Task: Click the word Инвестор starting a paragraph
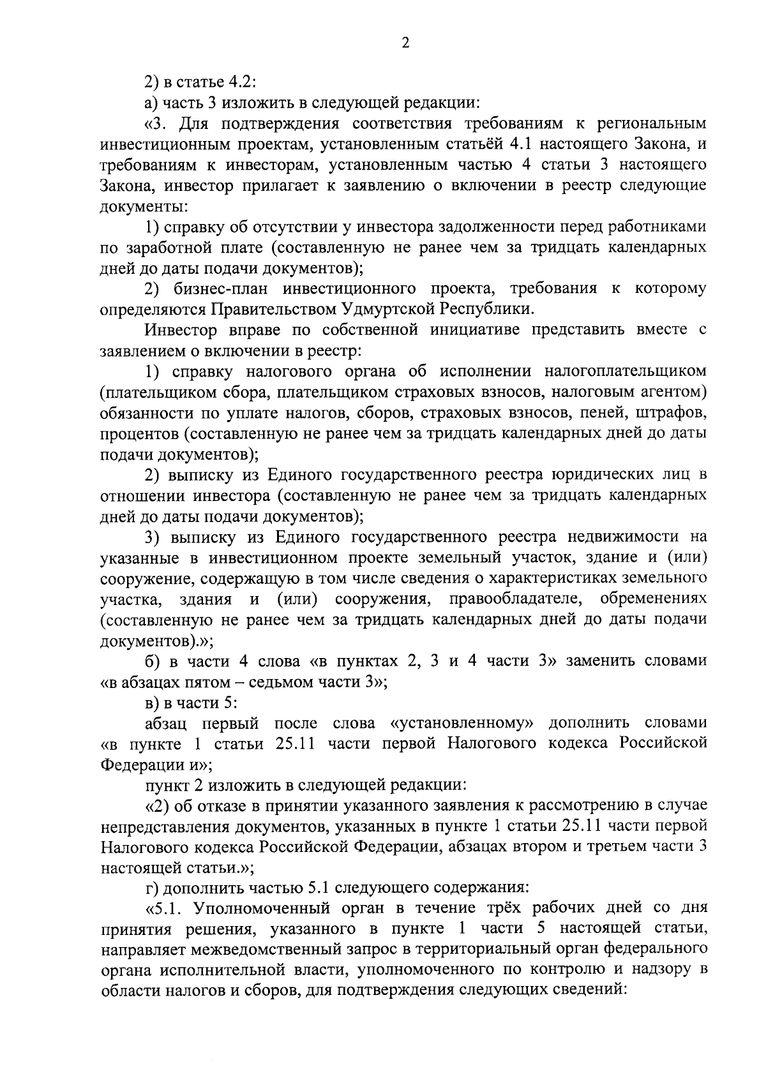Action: point(181,330)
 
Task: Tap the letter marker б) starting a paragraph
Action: point(152,661)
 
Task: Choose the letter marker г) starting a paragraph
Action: point(151,886)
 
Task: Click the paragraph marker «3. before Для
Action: point(156,123)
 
